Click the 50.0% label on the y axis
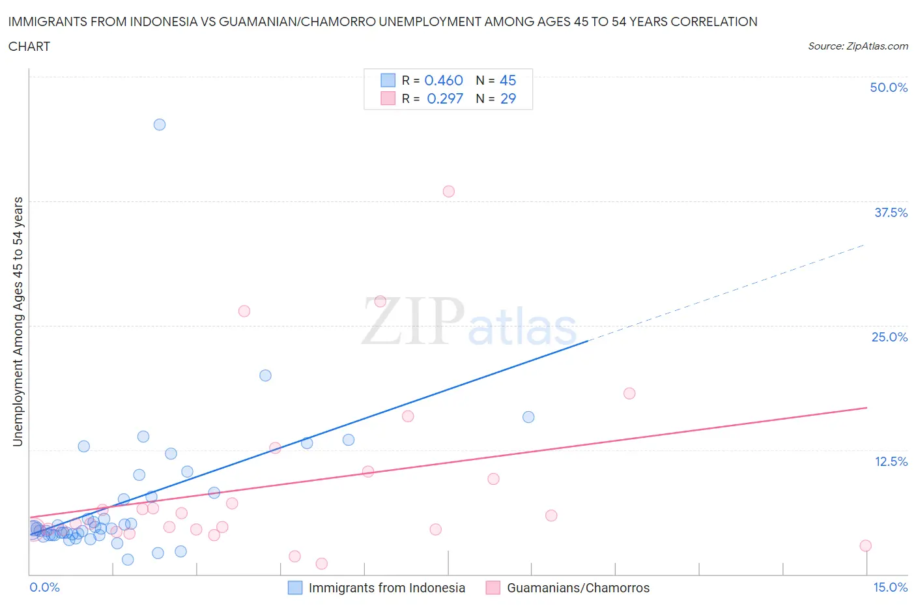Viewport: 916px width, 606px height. coord(888,87)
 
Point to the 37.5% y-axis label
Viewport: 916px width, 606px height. coord(890,212)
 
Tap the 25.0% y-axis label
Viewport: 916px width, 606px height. coord(889,337)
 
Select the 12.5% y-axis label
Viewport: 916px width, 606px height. coord(890,461)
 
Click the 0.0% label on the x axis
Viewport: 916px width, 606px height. coord(44,587)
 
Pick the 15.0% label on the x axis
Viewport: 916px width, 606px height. coord(890,587)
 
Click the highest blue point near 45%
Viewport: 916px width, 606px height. coord(160,124)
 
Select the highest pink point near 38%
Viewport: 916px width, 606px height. coord(448,192)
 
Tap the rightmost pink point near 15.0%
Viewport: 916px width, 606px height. coord(865,545)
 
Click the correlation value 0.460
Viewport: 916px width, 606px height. coord(443,80)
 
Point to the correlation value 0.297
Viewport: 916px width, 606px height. coord(444,98)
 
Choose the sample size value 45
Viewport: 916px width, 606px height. coord(508,80)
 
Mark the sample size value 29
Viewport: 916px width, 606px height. coord(508,98)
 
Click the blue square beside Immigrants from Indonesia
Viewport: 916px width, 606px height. coord(295,588)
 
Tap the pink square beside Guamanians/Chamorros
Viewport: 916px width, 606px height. coord(493,588)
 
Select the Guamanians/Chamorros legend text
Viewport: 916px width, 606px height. coord(578,588)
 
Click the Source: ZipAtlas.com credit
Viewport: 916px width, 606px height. coord(857,46)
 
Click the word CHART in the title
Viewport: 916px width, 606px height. coord(29,46)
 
